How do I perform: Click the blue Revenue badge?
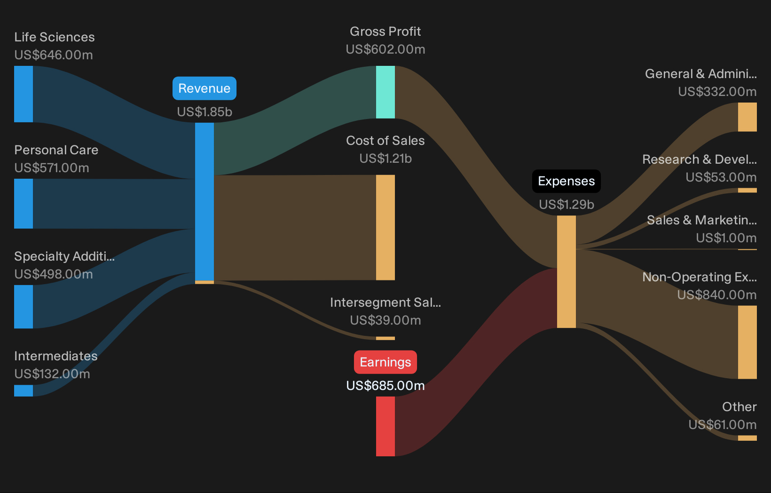[x=205, y=88]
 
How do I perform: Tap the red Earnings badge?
[x=385, y=362]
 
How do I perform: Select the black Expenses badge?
[x=566, y=181]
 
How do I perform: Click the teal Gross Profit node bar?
[x=385, y=92]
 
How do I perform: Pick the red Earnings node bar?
[x=385, y=426]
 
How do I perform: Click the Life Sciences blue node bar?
[x=24, y=94]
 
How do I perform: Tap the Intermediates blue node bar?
[x=24, y=390]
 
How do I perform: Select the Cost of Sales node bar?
[x=385, y=227]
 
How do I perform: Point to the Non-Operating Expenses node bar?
[x=747, y=342]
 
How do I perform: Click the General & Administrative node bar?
[x=747, y=117]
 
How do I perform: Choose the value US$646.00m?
[x=54, y=55]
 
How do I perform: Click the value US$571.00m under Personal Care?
[x=52, y=168]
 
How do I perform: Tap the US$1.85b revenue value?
[x=205, y=112]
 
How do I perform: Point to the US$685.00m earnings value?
[x=385, y=386]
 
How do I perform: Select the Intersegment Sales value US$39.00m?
[x=385, y=320]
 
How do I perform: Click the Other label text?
[x=740, y=407]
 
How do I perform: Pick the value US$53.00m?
[x=721, y=177]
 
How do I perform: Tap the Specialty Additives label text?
[x=64, y=256]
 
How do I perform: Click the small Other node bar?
[x=747, y=438]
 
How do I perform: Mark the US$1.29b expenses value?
[x=566, y=205]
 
